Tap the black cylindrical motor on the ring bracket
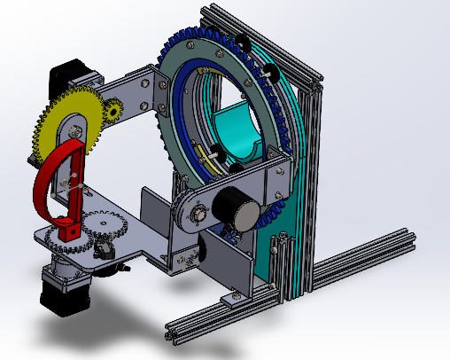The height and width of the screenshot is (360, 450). tap(237, 211)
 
